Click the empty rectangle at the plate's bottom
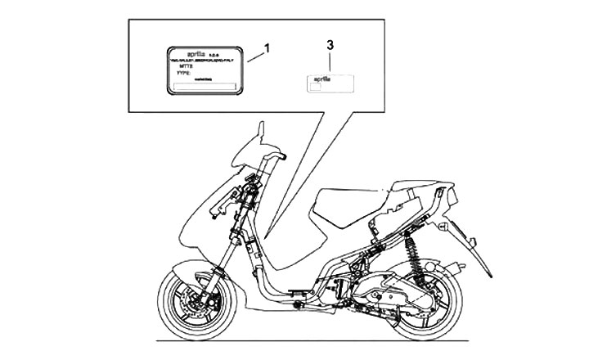(205, 87)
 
